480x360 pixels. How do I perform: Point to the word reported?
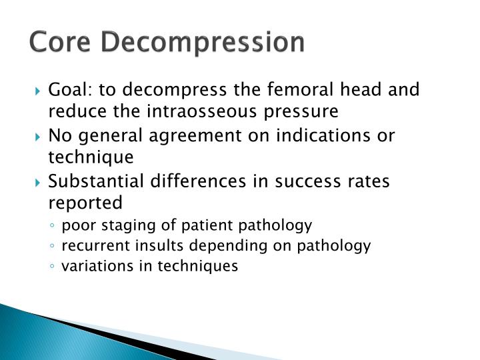coord(85,203)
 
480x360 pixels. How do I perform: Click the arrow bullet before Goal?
coord(38,90)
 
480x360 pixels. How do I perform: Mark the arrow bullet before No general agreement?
coord(38,136)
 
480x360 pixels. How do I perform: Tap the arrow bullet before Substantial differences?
coord(38,181)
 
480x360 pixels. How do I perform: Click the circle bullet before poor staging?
coord(53,225)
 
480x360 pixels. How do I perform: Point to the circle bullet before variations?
coord(53,267)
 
